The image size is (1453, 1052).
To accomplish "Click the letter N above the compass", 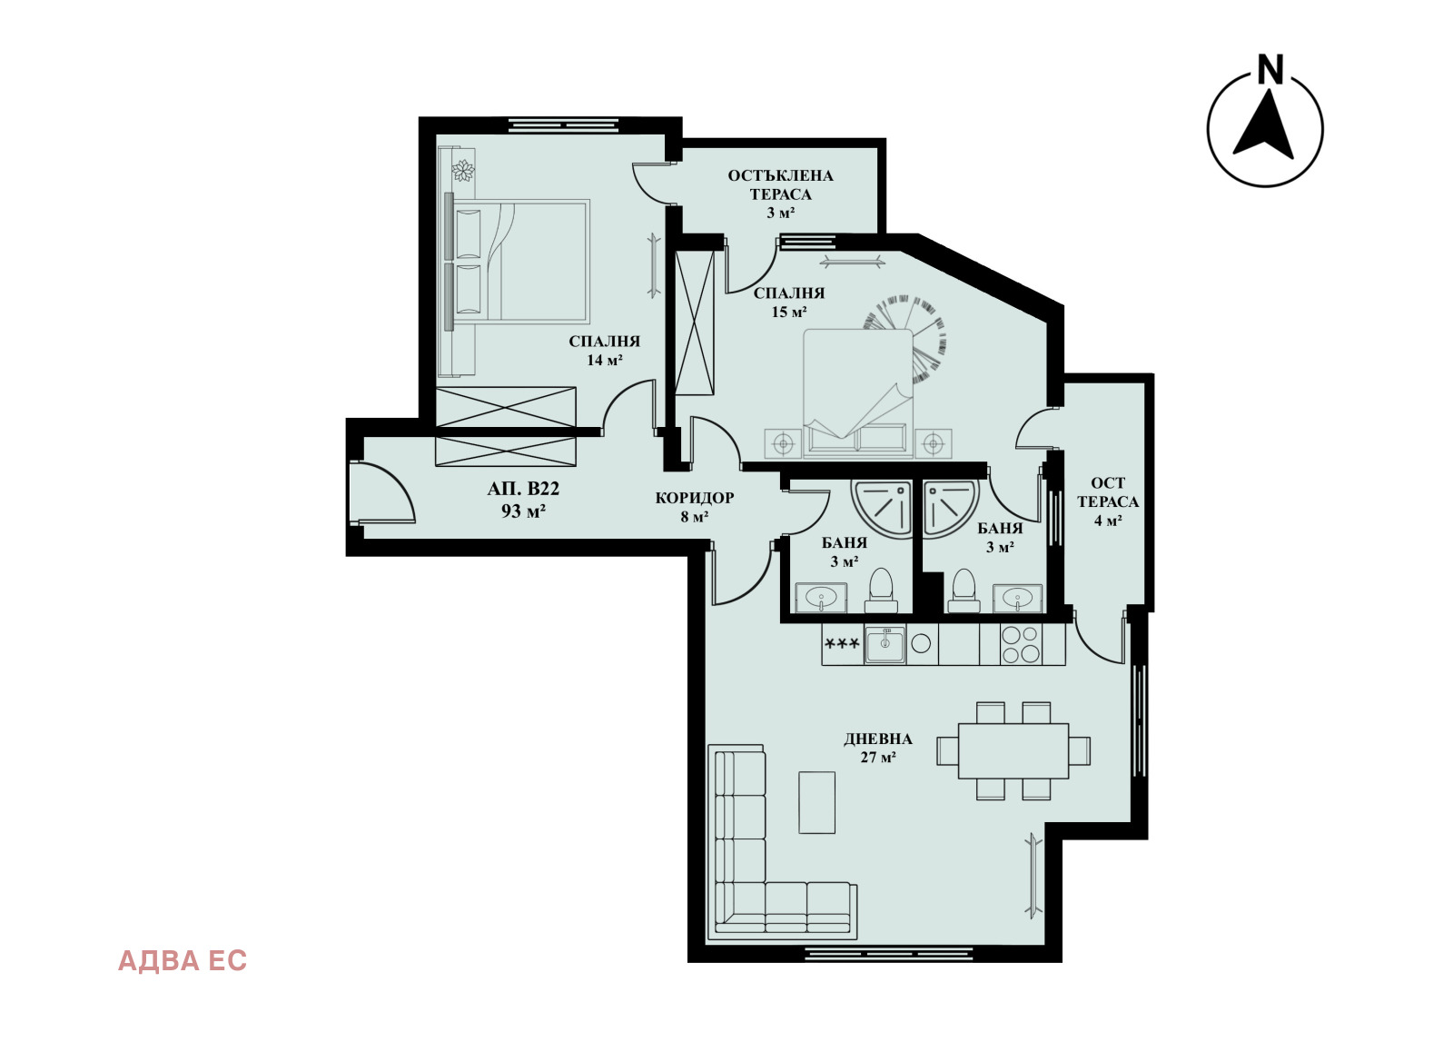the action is pyautogui.click(x=1270, y=69).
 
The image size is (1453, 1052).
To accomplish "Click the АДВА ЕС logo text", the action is pyautogui.click(x=183, y=961).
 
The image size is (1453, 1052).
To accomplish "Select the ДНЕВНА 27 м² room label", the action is pyautogui.click(x=877, y=748).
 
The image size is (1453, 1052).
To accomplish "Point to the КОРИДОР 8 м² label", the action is pyautogui.click(x=694, y=507).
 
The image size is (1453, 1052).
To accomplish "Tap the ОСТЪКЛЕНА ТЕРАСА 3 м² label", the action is pyautogui.click(x=780, y=194).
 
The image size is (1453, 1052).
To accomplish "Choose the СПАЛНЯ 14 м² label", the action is pyautogui.click(x=604, y=351).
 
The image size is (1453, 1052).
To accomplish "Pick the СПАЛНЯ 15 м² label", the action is pyautogui.click(x=789, y=303).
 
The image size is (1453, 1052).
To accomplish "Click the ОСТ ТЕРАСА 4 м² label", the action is pyautogui.click(x=1108, y=501).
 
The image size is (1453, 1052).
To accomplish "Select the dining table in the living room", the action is pyautogui.click(x=1013, y=750).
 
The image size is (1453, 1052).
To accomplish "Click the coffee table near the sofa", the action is pyautogui.click(x=816, y=802).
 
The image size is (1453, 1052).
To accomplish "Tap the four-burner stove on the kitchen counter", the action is pyautogui.click(x=1021, y=644).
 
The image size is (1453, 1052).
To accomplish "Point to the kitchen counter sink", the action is pyautogui.click(x=885, y=644).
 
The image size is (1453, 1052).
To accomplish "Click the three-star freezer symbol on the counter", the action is pyautogui.click(x=842, y=644).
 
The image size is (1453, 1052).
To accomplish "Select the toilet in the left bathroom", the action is pyautogui.click(x=881, y=591).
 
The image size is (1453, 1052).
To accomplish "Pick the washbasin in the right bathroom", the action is pyautogui.click(x=1018, y=598).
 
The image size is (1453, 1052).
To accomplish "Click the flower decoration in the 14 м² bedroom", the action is pyautogui.click(x=463, y=171).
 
